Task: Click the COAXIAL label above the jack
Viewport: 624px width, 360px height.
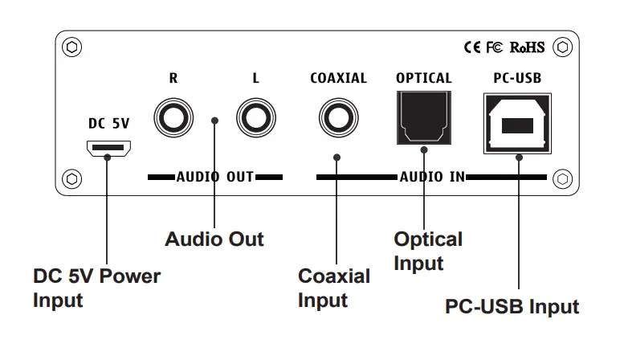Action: tap(338, 79)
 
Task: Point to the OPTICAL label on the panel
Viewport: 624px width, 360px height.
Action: tap(423, 79)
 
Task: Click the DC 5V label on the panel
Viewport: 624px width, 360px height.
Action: tap(108, 124)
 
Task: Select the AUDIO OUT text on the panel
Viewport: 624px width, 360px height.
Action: tap(214, 176)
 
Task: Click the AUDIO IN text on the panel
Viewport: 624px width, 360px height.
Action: tap(432, 176)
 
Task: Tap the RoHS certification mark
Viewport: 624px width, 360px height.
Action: tap(528, 47)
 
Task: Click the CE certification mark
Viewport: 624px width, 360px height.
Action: tap(472, 47)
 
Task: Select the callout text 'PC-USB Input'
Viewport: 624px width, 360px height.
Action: tap(512, 306)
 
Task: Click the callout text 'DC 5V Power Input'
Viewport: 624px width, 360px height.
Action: tap(96, 288)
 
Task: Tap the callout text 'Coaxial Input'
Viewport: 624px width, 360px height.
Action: tap(334, 288)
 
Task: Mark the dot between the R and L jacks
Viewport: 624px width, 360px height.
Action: tap(214, 121)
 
